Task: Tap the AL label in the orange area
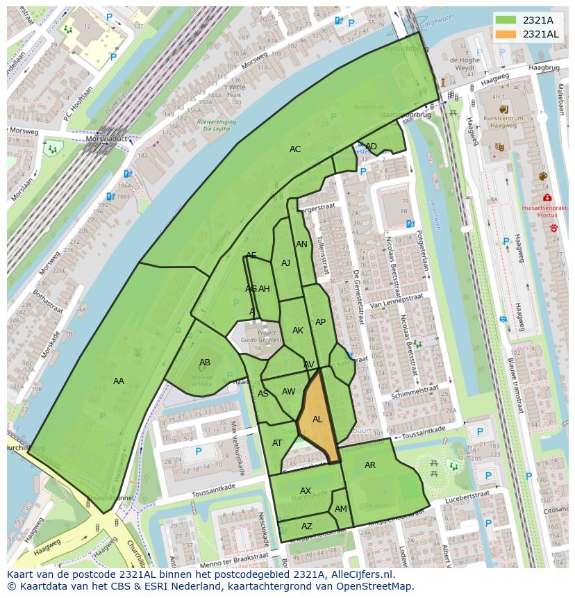pos(317,420)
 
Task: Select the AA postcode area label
pos(119,381)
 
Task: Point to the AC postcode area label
pos(295,149)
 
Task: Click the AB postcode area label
pos(205,363)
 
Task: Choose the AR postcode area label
pos(370,465)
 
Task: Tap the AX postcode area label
pos(306,491)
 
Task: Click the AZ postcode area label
pos(307,526)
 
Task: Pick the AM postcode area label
pos(340,509)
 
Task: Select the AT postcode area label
pos(277,443)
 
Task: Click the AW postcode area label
pos(288,392)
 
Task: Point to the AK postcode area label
pos(298,331)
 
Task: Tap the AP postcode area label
pos(320,322)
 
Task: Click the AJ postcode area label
pos(285,263)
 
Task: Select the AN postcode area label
pos(301,244)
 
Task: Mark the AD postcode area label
pos(372,146)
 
